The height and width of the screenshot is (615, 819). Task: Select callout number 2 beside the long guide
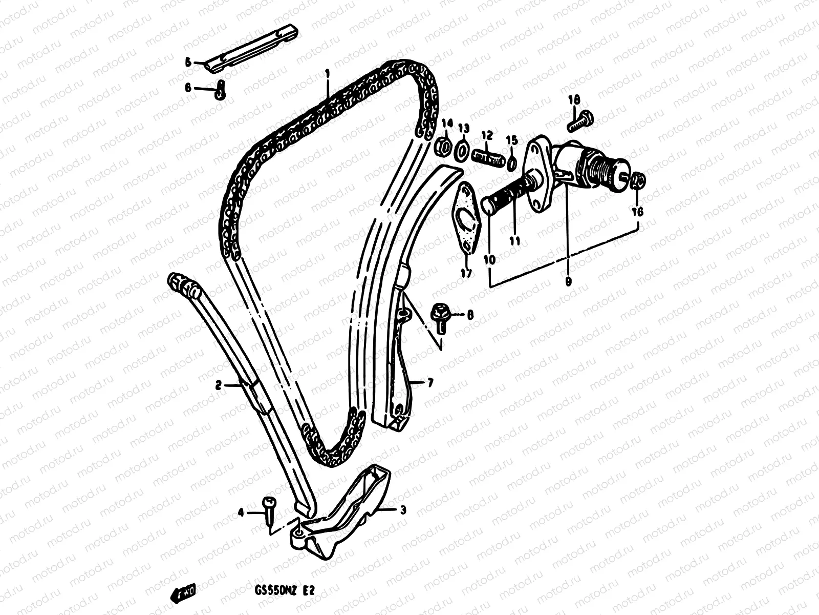tap(219, 385)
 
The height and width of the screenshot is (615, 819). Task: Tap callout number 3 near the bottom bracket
tap(403, 510)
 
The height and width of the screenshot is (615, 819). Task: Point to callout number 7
tap(429, 383)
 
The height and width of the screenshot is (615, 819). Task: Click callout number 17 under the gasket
tap(466, 273)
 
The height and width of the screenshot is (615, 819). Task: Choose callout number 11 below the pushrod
tap(514, 240)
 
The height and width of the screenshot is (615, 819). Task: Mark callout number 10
tap(490, 259)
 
